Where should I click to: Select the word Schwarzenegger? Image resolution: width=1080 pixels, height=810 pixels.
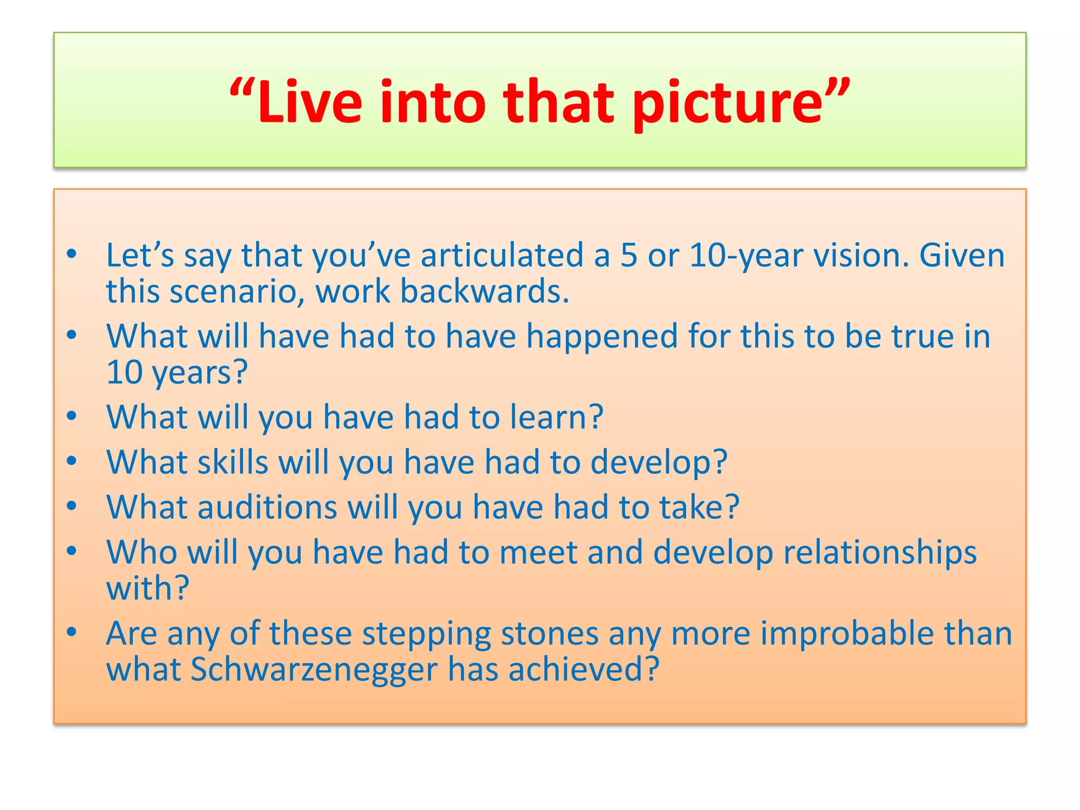tap(314, 670)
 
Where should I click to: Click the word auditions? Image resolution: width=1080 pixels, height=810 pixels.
tap(267, 507)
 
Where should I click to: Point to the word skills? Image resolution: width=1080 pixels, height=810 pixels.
tap(233, 462)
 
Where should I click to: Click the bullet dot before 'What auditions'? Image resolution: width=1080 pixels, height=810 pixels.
tap(72, 506)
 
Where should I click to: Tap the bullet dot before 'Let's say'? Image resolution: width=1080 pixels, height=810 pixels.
tap(72, 254)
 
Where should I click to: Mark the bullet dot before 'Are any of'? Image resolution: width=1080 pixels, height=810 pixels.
tap(72, 632)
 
